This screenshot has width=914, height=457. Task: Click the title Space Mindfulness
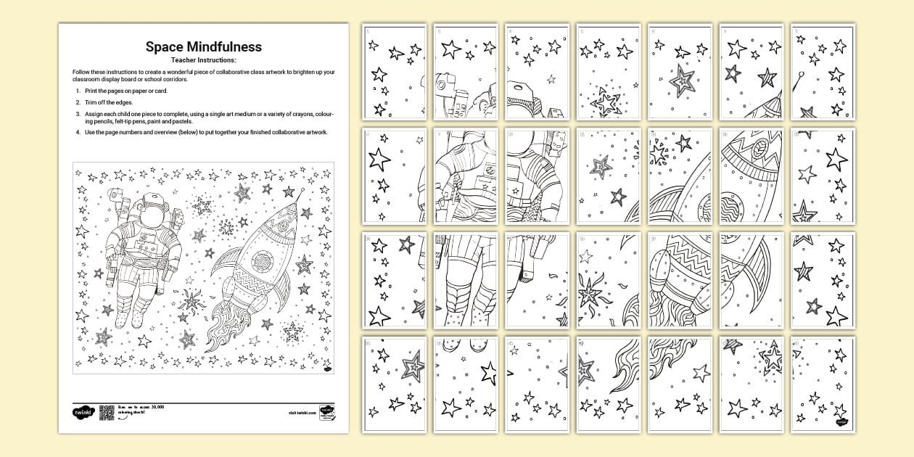pyautogui.click(x=203, y=47)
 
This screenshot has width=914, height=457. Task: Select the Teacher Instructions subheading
pyautogui.click(x=203, y=59)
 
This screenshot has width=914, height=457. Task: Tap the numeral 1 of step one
pyautogui.click(x=78, y=91)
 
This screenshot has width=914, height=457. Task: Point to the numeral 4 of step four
pyautogui.click(x=78, y=132)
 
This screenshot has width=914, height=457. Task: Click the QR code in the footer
pyautogui.click(x=107, y=412)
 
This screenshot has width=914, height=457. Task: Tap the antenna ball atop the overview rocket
pyautogui.click(x=300, y=191)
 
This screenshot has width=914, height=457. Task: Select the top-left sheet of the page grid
pyautogui.click(x=393, y=72)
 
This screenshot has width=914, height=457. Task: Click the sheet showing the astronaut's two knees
pyautogui.click(x=465, y=279)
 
